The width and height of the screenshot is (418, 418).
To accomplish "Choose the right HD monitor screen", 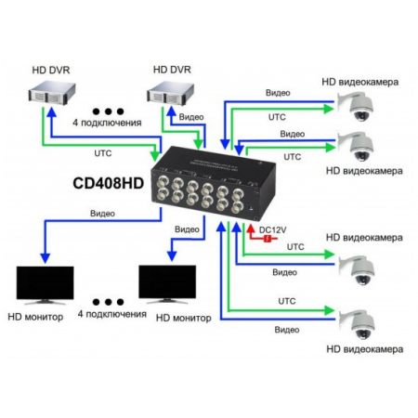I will pos(167,281).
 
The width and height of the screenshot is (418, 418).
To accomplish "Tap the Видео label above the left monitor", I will pos(104,213).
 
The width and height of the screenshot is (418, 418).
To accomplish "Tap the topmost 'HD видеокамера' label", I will pos(362,82).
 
